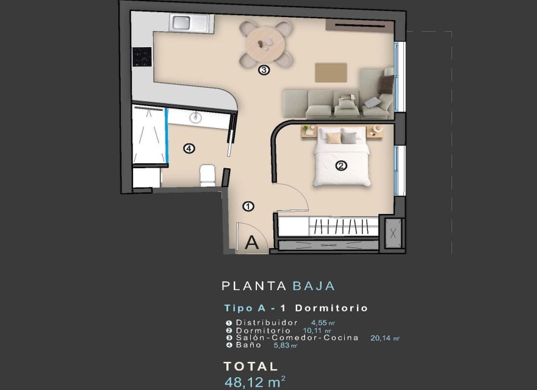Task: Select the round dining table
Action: [265, 43]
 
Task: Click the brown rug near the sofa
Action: [331, 72]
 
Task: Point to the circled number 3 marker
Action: [264, 70]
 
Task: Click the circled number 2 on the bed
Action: [341, 165]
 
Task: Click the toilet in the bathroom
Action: [207, 175]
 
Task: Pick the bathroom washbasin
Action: [196, 118]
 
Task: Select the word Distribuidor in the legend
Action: [267, 322]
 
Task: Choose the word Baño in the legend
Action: [248, 345]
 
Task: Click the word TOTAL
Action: [251, 366]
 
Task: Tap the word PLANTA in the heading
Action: [254, 285]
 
